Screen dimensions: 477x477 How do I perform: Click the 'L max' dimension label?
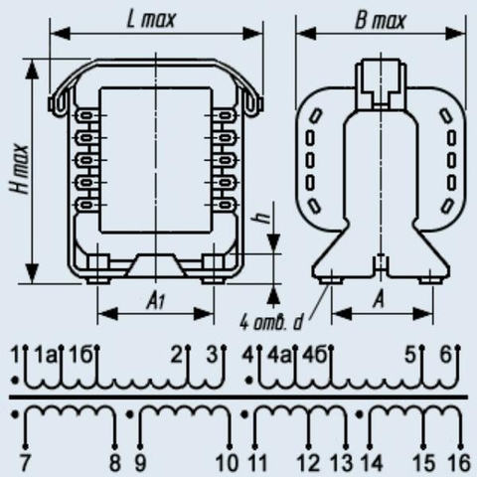[151, 19]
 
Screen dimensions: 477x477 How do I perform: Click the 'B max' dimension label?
[381, 21]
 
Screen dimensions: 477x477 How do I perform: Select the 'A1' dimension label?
[156, 302]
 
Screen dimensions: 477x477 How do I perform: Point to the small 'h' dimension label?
[264, 219]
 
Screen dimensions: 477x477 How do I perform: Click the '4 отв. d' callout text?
[271, 323]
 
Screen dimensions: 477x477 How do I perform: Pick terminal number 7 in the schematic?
[24, 462]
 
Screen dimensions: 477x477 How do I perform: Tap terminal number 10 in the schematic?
[227, 462]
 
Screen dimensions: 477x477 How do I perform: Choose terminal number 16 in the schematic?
[459, 462]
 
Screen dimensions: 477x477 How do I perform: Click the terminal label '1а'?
[46, 356]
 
